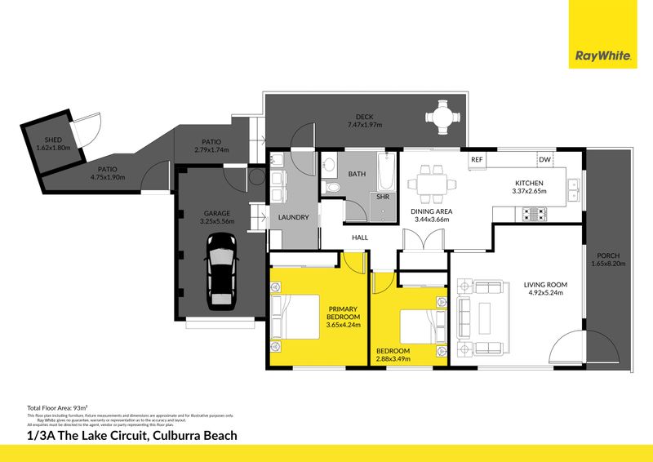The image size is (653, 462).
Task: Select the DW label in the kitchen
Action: point(545,159)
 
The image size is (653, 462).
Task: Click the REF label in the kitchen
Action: point(478,159)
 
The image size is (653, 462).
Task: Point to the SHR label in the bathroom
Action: point(382,197)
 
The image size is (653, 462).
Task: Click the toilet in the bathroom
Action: point(333,188)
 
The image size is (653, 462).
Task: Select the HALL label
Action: point(360,238)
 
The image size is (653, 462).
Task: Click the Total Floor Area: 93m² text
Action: point(58,407)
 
